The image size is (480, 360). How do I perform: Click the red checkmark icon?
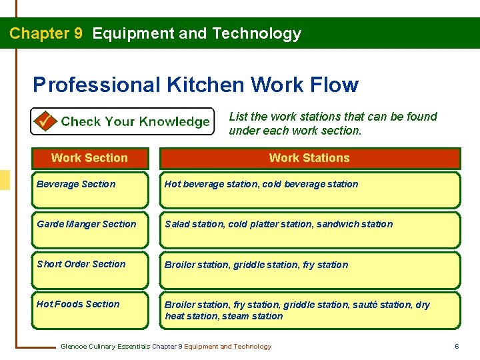(45, 121)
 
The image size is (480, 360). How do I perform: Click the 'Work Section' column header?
(89, 158)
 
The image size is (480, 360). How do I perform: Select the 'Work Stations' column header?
(309, 158)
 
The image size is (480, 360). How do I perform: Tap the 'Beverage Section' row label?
(76, 184)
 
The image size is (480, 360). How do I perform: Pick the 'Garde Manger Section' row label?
(86, 224)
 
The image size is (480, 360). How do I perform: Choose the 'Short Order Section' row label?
(81, 264)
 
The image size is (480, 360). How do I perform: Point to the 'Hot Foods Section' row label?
(78, 304)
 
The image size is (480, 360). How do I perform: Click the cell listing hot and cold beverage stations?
(261, 185)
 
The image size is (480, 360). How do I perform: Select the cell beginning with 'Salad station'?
(279, 225)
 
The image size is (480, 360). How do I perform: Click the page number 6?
(457, 347)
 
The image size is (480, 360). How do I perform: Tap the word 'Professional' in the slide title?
(97, 85)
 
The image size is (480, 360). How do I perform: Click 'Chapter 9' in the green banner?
(46, 33)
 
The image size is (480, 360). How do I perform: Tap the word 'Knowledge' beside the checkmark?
(174, 122)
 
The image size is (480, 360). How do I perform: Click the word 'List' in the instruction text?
(238, 117)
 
